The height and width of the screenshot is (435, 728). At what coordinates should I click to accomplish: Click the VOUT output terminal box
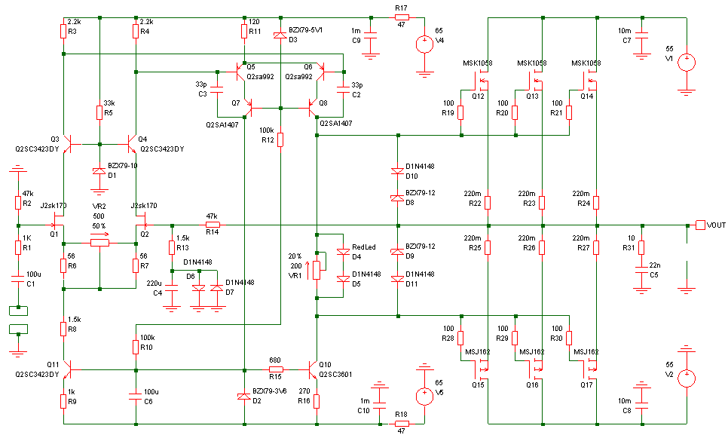700,225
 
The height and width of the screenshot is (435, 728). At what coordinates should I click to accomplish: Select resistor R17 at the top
402,17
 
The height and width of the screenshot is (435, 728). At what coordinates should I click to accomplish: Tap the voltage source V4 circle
424,44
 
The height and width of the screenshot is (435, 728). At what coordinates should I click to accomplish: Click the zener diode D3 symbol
280,35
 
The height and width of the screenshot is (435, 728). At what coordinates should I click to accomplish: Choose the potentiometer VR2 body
99,243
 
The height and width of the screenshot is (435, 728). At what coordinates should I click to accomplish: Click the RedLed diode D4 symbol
343,252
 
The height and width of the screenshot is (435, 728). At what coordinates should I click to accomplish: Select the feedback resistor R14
213,225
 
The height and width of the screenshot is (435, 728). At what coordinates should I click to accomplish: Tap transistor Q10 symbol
312,370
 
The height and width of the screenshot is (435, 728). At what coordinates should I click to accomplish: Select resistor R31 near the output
641,247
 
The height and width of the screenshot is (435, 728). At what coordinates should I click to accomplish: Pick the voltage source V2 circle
687,378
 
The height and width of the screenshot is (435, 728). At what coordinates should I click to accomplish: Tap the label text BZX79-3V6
270,391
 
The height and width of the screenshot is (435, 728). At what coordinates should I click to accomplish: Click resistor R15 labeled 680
275,369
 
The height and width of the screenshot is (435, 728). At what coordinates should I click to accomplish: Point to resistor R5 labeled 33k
99,113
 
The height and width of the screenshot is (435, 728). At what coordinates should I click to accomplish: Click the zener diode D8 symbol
397,198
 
